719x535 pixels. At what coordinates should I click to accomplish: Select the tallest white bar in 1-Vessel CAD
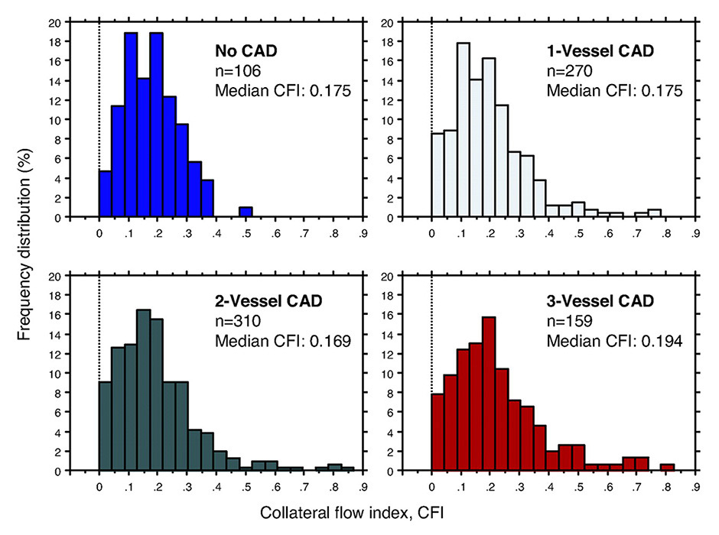[463, 130]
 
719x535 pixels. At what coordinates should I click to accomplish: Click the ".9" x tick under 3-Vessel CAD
[695, 488]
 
